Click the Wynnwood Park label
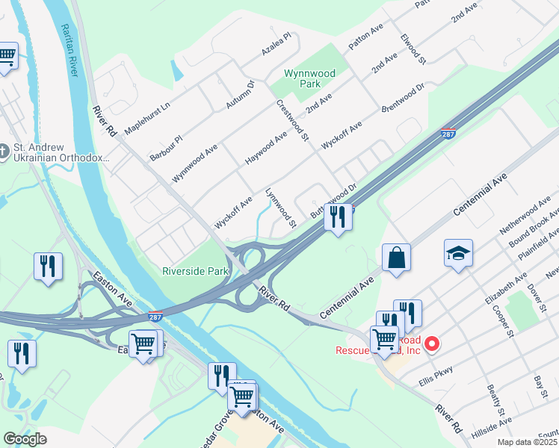point(309,79)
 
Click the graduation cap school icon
point(458,253)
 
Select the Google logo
point(24,439)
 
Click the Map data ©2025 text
point(527,442)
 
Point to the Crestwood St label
point(292,120)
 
